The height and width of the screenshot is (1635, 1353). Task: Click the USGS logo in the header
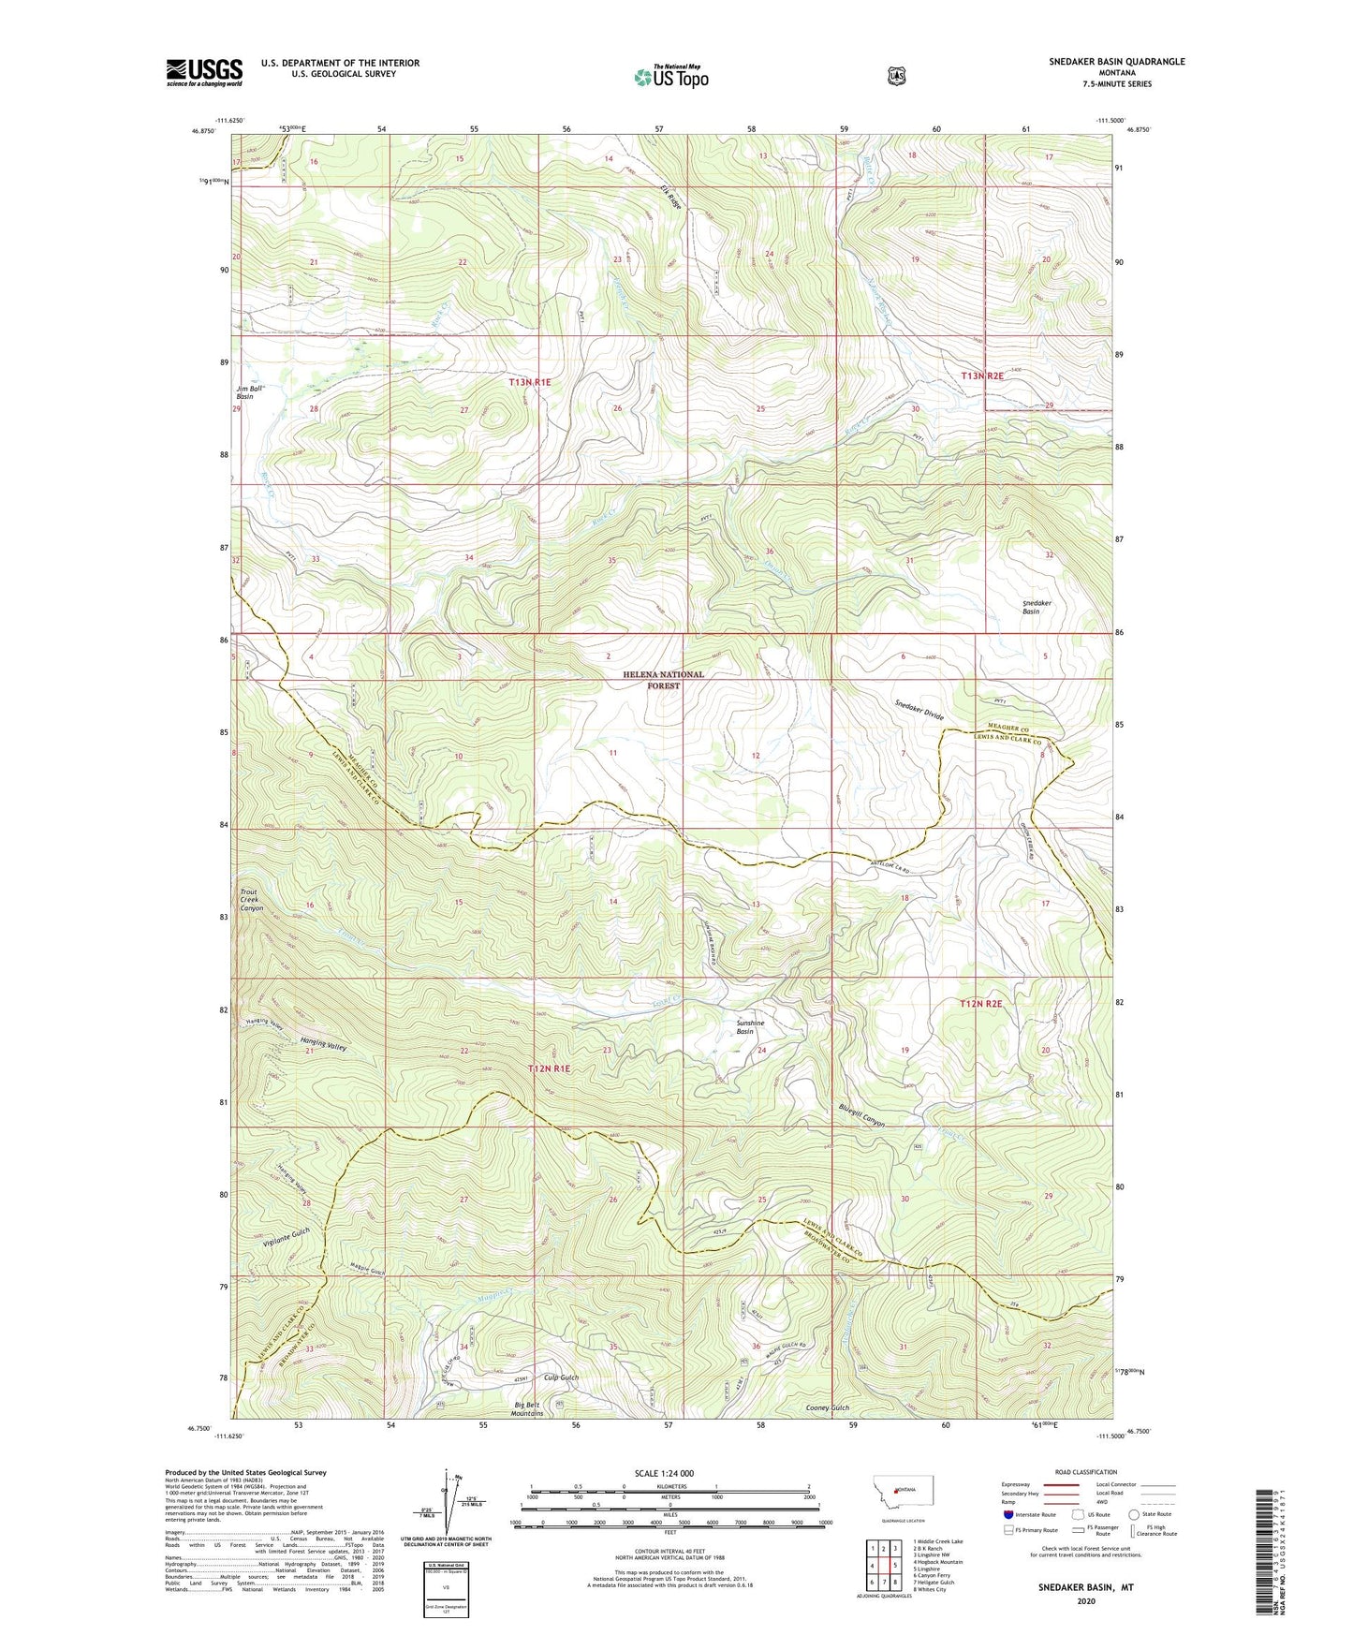[x=204, y=72]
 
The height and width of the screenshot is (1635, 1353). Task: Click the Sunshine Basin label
[x=750, y=1027]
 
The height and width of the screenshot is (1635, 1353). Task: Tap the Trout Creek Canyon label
[x=252, y=900]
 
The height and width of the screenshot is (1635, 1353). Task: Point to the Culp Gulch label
[x=561, y=1377]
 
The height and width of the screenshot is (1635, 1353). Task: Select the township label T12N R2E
[x=980, y=1003]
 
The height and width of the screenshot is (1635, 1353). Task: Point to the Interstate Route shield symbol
[x=1007, y=1513]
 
